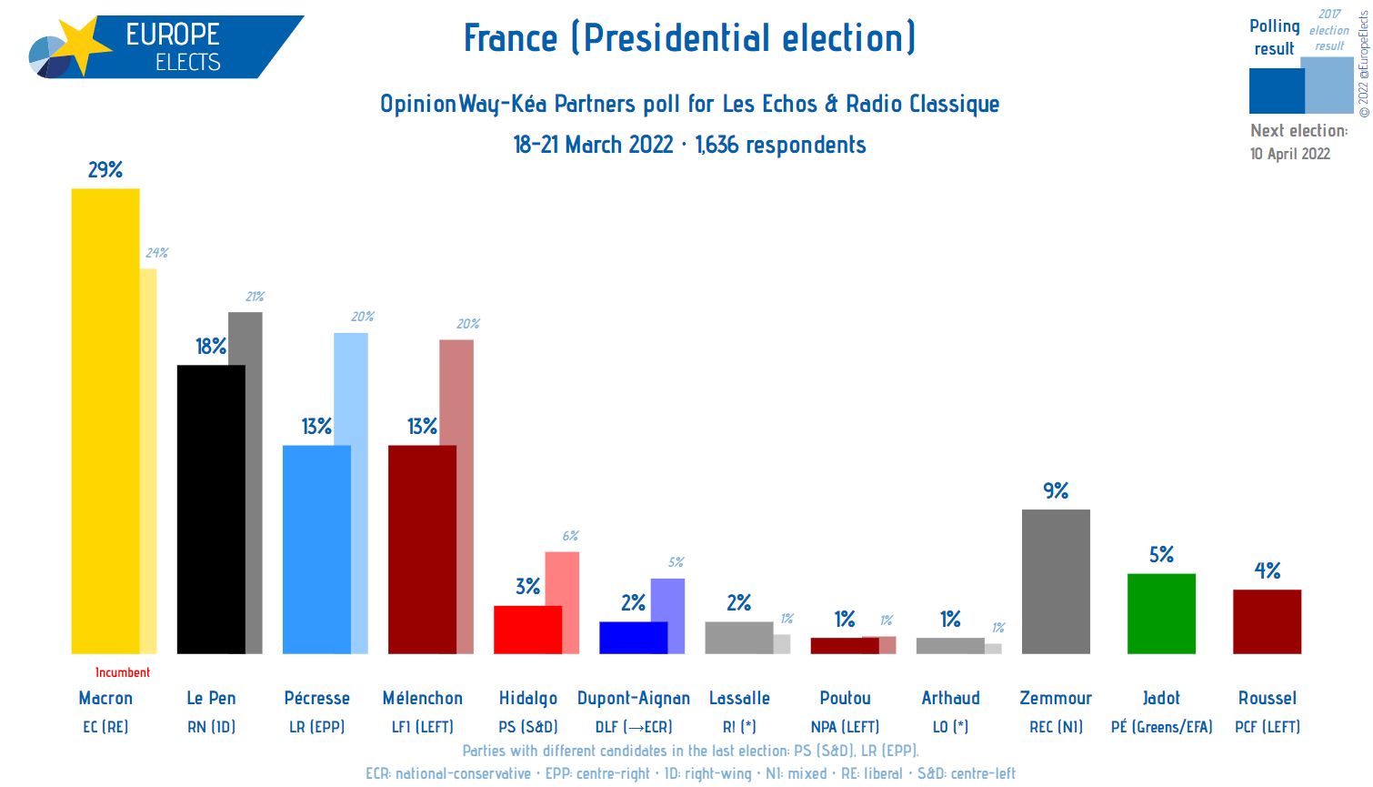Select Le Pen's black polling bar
pyautogui.click(x=211, y=509)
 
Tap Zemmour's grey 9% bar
pyautogui.click(x=1056, y=581)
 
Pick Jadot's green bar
pyautogui.click(x=1161, y=613)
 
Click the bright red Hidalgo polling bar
pyautogui.click(x=527, y=630)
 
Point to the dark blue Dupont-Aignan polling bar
pyautogui.click(x=633, y=638)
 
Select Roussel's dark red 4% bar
pyautogui.click(x=1267, y=621)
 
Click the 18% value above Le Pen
pyautogui.click(x=211, y=347)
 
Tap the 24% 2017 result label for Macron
pyautogui.click(x=156, y=253)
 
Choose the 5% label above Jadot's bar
pyautogui.click(x=1161, y=555)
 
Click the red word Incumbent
pyautogui.click(x=123, y=672)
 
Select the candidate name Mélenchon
pyautogui.click(x=422, y=698)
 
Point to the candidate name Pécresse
pyautogui.click(x=316, y=698)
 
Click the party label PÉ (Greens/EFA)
pyautogui.click(x=1161, y=727)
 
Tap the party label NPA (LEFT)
pyautogui.click(x=845, y=727)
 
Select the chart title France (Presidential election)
pyautogui.click(x=689, y=38)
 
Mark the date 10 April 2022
pyautogui.click(x=1289, y=154)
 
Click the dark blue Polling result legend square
pyautogui.click(x=1276, y=91)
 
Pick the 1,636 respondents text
pyautogui.click(x=780, y=145)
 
